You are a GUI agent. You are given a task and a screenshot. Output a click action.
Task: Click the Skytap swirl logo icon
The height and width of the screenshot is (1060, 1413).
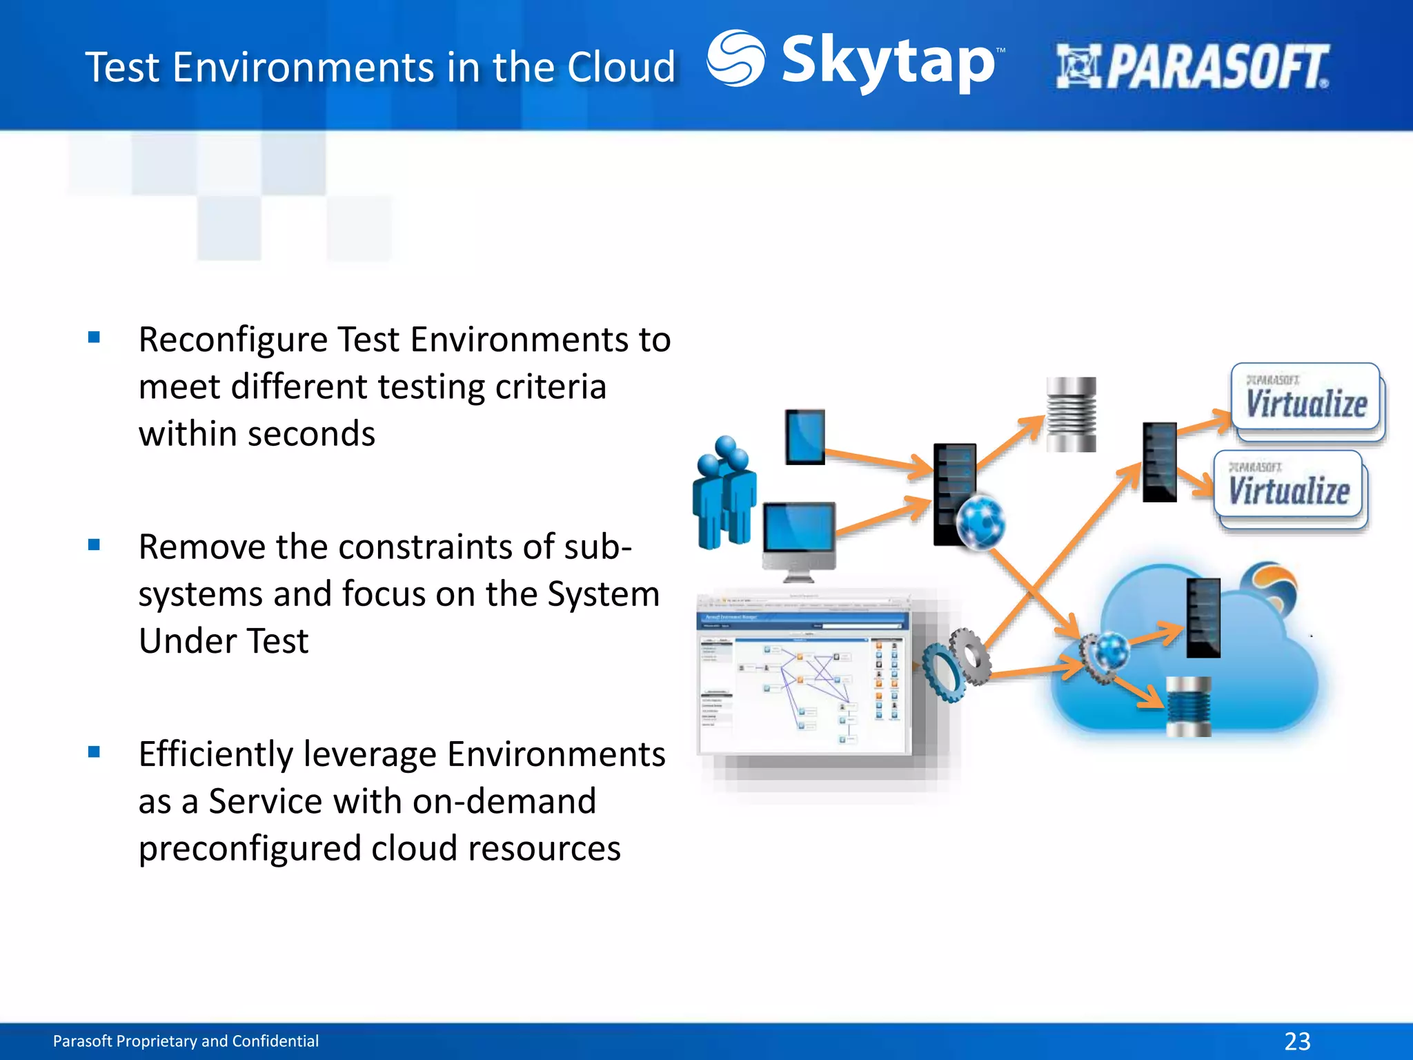[x=735, y=59]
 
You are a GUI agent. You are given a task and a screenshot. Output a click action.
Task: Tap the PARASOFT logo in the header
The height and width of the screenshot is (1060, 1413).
[x=1192, y=67]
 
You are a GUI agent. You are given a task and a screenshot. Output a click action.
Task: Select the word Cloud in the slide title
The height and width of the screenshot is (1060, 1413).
[x=621, y=68]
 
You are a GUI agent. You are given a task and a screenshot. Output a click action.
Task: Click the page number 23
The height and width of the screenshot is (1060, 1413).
[x=1297, y=1041]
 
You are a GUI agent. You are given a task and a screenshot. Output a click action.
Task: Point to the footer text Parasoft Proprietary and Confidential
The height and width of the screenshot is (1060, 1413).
[x=186, y=1041]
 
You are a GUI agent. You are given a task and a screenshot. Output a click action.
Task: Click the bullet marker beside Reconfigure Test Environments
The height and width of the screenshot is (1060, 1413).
[x=95, y=337]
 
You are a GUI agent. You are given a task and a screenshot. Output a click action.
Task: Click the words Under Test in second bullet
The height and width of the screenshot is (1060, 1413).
[x=224, y=641]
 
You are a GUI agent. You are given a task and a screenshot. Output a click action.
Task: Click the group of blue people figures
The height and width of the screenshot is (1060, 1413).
[x=724, y=492]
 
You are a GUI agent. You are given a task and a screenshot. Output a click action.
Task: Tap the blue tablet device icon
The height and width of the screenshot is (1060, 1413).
[x=805, y=437]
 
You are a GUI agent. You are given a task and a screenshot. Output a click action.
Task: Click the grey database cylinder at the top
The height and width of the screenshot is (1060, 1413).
[x=1071, y=414]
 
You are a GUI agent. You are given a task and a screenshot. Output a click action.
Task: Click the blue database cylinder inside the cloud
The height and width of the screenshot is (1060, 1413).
[x=1188, y=706]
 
